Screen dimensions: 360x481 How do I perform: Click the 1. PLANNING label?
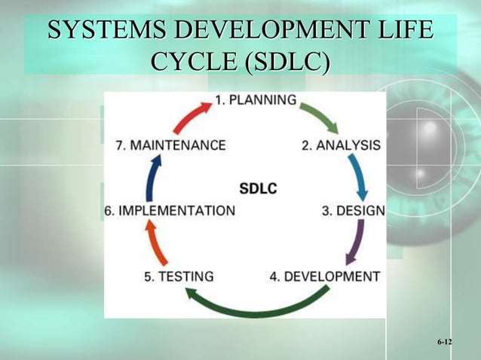(256, 100)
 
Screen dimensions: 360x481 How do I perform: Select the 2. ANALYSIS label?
(341, 145)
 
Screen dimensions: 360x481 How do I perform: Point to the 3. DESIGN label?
(353, 211)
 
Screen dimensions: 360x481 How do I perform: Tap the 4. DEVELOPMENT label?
(325, 276)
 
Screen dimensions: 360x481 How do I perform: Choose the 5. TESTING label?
(179, 276)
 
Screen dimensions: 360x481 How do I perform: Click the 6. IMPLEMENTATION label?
(170, 211)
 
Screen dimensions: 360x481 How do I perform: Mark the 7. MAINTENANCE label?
(170, 145)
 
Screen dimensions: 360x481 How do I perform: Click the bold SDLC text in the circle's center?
(258, 188)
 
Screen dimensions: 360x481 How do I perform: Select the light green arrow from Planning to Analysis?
(320, 117)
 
